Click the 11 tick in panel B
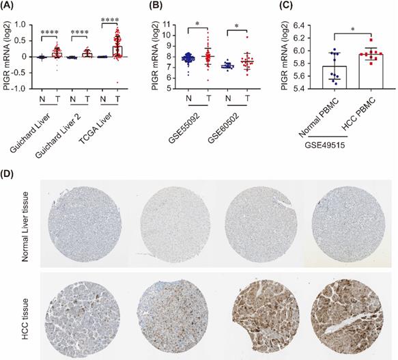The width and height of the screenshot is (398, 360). click(163, 25)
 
